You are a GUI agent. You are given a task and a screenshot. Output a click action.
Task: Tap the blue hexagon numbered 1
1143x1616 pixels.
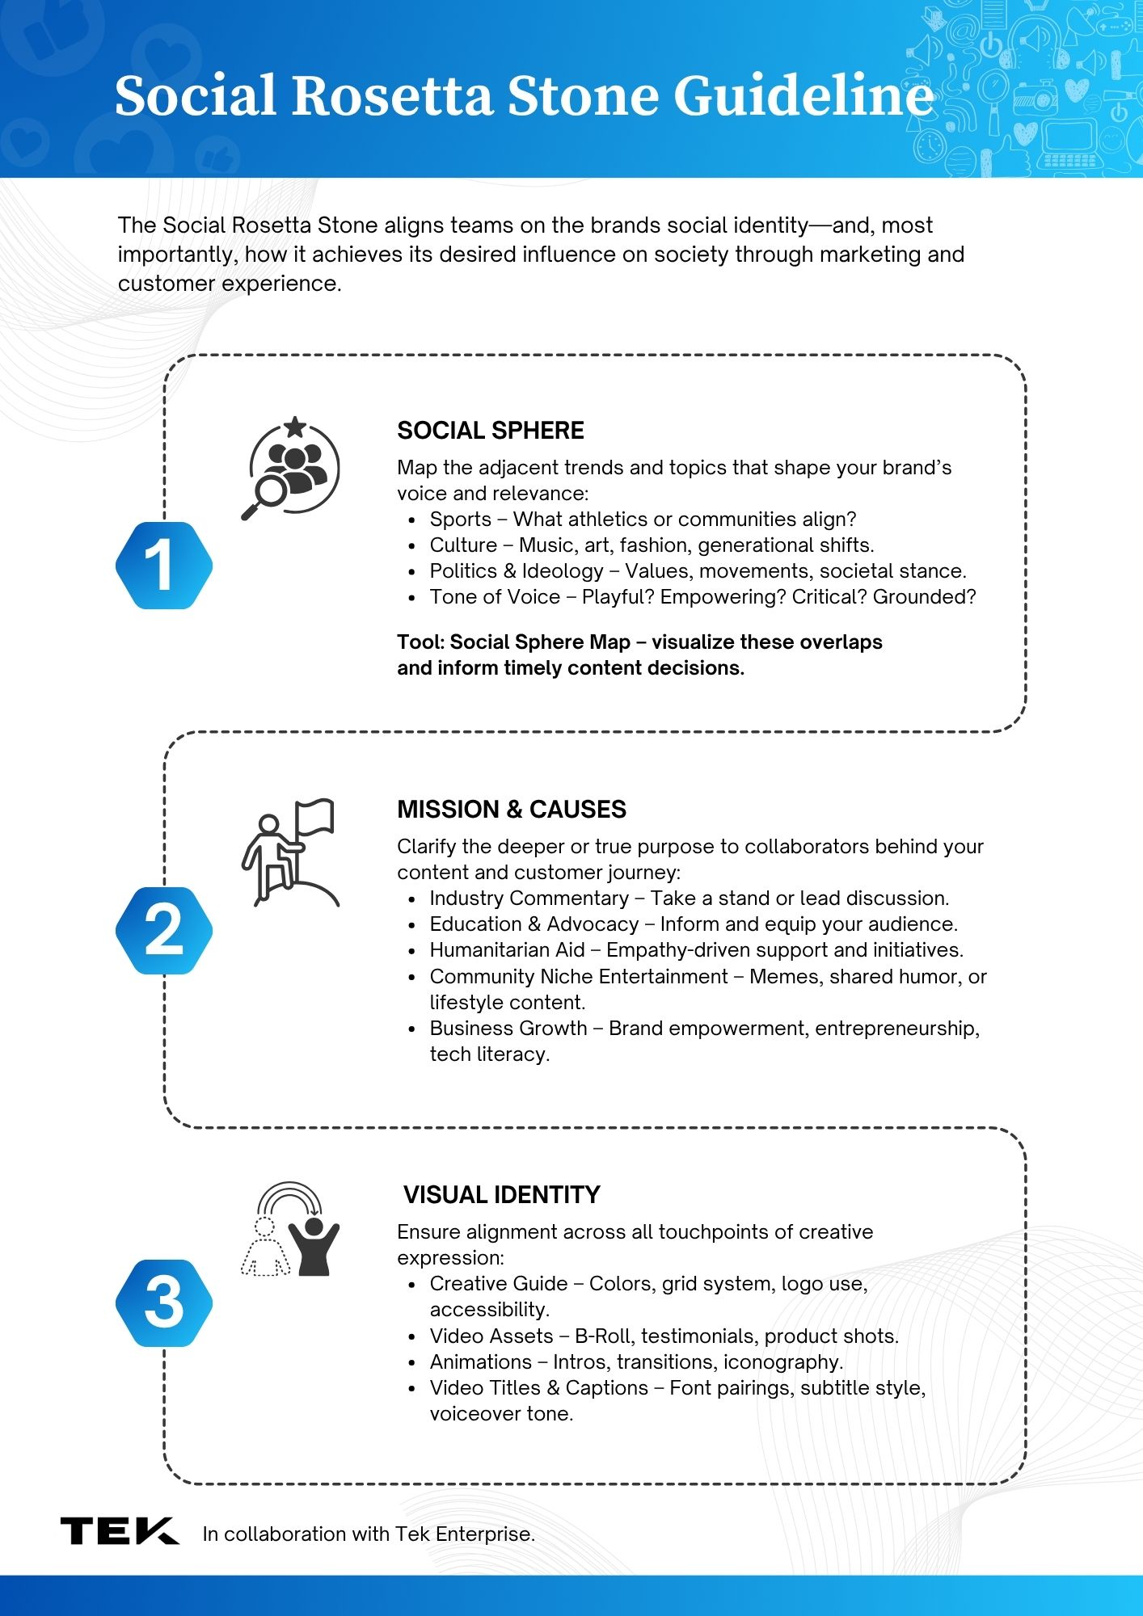tap(164, 566)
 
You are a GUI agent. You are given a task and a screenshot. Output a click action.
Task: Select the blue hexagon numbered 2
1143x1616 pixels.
tap(164, 931)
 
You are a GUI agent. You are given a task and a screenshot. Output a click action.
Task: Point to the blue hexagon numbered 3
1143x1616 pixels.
tap(164, 1302)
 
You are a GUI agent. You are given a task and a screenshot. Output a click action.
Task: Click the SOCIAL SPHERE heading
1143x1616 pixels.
tap(490, 431)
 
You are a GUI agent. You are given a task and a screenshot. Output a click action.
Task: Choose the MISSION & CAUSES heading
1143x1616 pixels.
tap(512, 810)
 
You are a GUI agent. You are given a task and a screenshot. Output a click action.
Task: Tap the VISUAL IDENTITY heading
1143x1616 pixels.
tap(501, 1195)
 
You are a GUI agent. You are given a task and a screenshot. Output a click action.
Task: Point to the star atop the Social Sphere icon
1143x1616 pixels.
tap(295, 426)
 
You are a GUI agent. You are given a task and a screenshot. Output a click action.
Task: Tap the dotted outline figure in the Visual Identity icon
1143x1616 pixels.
tap(265, 1248)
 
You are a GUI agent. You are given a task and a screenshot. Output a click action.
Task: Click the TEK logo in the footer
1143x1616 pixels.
tap(120, 1531)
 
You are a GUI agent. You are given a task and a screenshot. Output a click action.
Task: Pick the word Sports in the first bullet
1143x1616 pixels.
tap(460, 520)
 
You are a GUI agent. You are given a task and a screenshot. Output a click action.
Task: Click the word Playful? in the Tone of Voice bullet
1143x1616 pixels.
tap(618, 597)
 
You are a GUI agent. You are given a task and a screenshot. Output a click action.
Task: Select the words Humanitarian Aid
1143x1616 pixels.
tap(507, 950)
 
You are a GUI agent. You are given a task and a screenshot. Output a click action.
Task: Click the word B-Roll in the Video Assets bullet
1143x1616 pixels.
tap(604, 1336)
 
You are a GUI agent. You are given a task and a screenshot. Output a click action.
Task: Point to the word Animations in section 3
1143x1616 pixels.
tap(480, 1362)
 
